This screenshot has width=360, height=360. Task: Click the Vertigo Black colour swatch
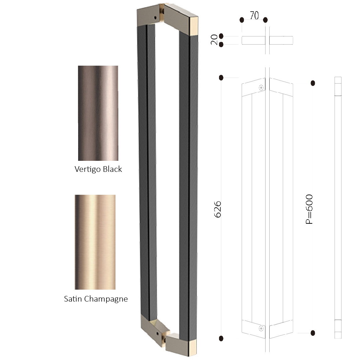click(98, 113)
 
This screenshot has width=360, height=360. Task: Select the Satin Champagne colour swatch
click(95, 242)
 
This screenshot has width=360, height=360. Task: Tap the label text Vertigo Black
click(98, 169)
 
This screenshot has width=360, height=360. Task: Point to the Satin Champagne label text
click(96, 299)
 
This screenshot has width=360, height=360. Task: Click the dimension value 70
click(254, 15)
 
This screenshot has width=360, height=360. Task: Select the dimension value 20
click(214, 40)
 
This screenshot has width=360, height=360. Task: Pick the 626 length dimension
click(218, 209)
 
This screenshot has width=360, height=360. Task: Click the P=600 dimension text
click(309, 209)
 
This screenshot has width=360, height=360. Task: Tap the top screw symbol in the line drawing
click(261, 88)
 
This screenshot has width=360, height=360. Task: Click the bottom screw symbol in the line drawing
click(261, 329)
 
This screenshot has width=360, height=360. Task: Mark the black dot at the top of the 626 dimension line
click(221, 78)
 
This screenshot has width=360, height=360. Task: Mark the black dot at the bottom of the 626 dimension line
click(221, 338)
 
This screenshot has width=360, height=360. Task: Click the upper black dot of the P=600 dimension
click(313, 83)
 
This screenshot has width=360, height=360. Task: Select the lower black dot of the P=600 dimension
click(313, 333)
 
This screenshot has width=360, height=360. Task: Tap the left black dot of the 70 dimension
click(242, 20)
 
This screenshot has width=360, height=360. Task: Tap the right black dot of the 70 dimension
click(266, 20)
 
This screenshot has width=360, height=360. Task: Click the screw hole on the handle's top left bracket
click(155, 18)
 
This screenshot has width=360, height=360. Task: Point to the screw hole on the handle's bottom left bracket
click(157, 333)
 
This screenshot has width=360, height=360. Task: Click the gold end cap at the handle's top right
click(194, 26)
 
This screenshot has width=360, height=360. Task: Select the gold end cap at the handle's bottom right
click(193, 348)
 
